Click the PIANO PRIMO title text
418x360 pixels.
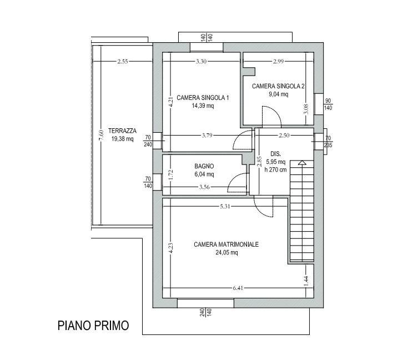[x=93, y=326]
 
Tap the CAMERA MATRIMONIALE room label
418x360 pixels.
[x=226, y=244]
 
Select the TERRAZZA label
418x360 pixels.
[x=122, y=131]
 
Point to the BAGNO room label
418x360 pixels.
[x=204, y=166]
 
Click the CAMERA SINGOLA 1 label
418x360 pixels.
[x=203, y=98]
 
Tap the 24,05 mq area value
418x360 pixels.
[x=226, y=252]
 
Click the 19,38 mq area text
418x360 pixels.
[x=122, y=139]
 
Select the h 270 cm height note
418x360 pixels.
[x=276, y=170]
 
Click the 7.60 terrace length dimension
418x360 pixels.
[x=100, y=136]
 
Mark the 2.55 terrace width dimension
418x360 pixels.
[x=123, y=61]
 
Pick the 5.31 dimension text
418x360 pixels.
[x=225, y=207]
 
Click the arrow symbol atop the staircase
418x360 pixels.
[x=301, y=163]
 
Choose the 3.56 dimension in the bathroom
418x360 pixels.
[x=204, y=188]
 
